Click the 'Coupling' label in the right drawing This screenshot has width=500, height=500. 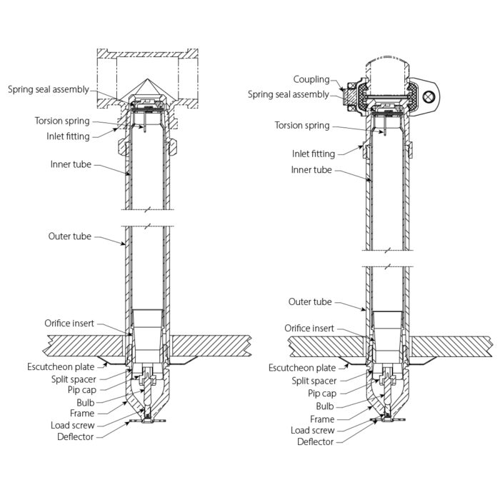(311, 79)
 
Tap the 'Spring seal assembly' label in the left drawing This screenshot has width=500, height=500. (59, 90)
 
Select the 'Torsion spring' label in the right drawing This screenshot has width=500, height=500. (302, 126)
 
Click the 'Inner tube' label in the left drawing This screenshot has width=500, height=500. (71, 164)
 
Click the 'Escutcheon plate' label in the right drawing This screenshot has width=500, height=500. (301, 368)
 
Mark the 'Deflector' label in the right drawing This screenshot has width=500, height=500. (316, 442)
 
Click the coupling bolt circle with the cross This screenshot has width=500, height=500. (429, 97)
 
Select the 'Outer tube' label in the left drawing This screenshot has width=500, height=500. (69, 236)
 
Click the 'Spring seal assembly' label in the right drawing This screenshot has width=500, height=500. (289, 94)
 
